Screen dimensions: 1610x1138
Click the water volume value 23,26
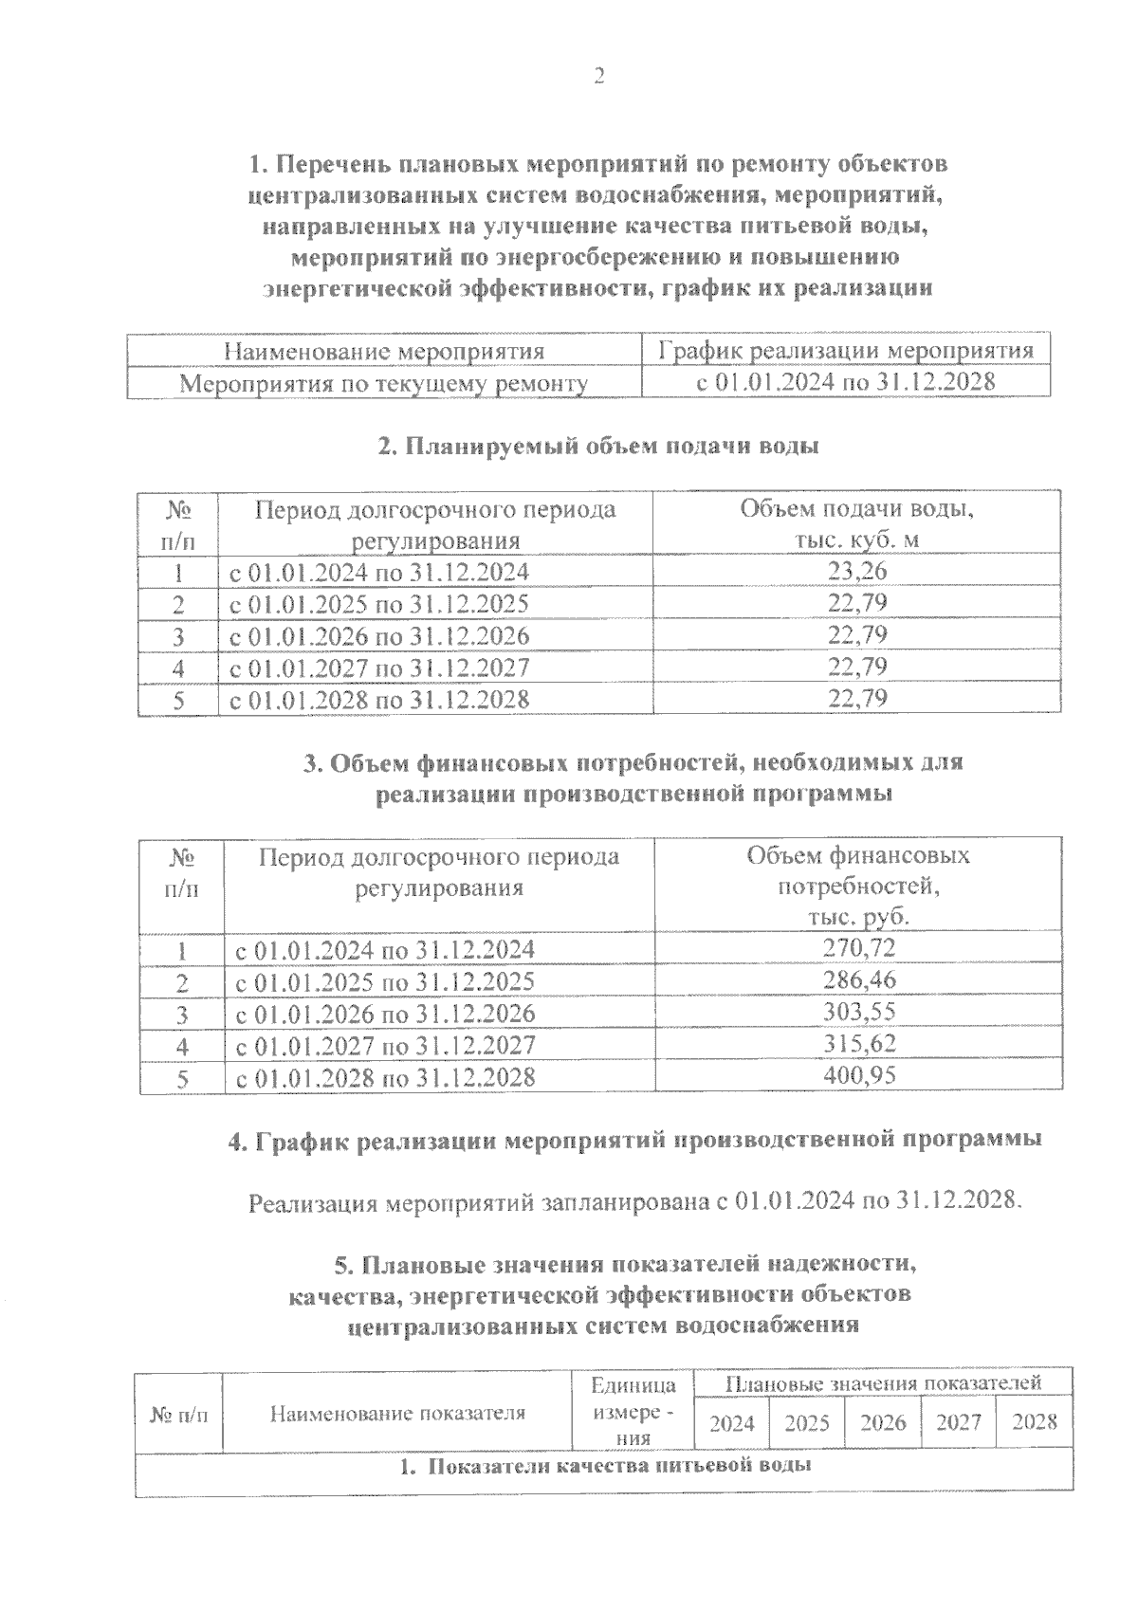(857, 572)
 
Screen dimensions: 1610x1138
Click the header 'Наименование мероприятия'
(384, 352)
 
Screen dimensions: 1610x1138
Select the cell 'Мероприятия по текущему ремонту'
(384, 383)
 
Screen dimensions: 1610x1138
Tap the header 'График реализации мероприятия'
(846, 352)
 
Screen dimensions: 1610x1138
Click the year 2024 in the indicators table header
(732, 1422)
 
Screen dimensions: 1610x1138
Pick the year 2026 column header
(883, 1422)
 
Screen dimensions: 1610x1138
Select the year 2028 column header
(1034, 1422)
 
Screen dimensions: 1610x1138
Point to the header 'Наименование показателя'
(397, 1413)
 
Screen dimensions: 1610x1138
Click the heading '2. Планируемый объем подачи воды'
(597, 447)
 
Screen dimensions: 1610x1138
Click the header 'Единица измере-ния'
(633, 1412)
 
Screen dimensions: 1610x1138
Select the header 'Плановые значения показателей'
(883, 1382)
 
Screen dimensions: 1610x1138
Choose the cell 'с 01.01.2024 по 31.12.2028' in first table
(846, 383)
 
